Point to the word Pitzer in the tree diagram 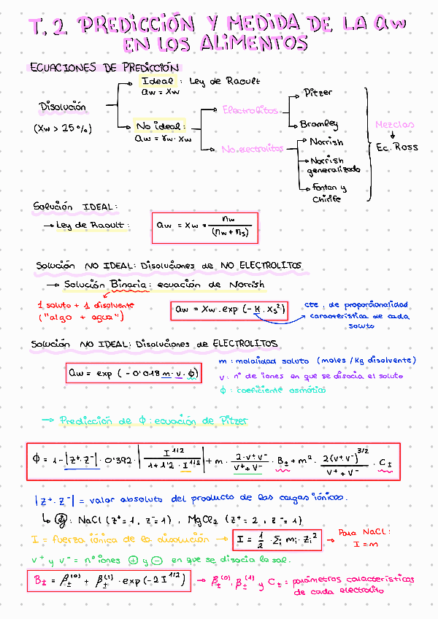[x=318, y=93]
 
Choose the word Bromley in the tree [x=319, y=124]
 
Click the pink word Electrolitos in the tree [x=250, y=110]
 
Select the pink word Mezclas [x=394, y=125]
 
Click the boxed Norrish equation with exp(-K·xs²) [x=228, y=310]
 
